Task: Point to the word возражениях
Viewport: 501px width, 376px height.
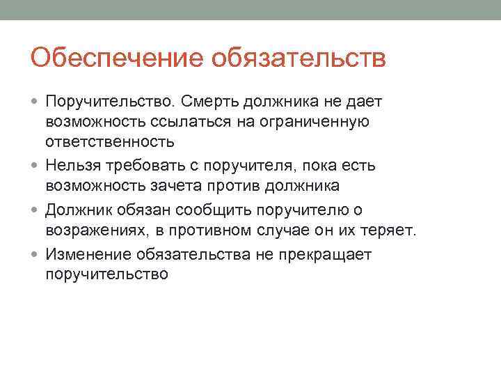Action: click(93, 230)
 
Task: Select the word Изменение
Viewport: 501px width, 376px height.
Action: click(88, 255)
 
